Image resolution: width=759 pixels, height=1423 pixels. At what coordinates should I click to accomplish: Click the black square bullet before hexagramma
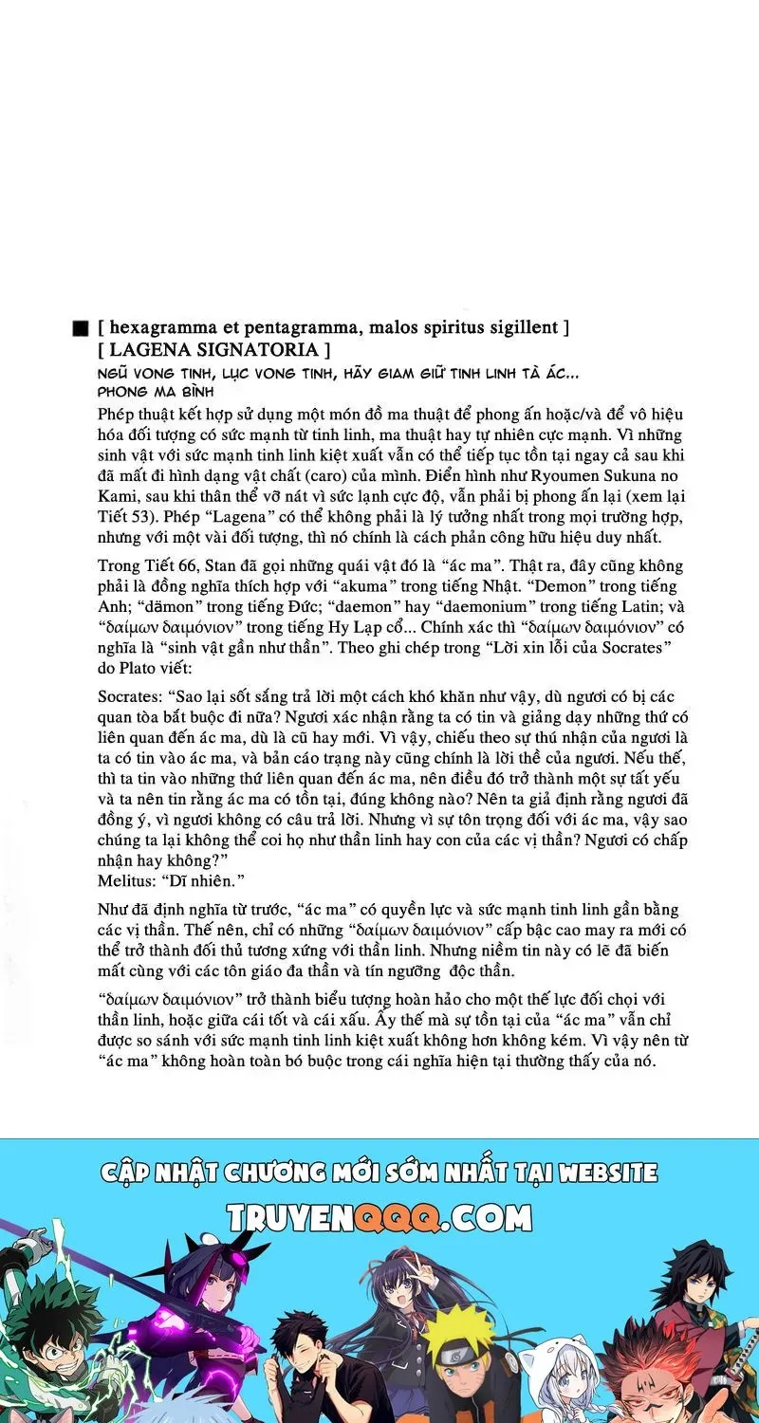(81, 328)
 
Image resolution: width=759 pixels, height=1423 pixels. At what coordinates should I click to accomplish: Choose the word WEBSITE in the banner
(607, 1173)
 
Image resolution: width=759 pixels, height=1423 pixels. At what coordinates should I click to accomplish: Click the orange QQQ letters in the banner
(398, 1216)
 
